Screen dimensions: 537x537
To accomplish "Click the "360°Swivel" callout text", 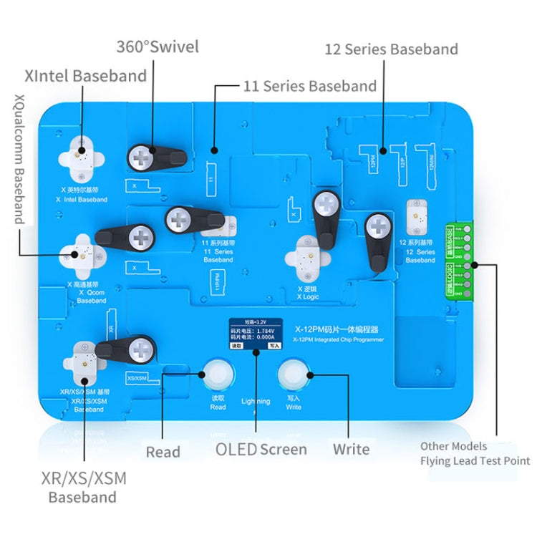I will [x=157, y=48].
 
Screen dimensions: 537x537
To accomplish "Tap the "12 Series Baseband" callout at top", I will [x=391, y=49].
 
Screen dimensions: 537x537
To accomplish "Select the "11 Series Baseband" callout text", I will [x=310, y=87].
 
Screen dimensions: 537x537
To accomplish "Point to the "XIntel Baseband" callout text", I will [x=85, y=75].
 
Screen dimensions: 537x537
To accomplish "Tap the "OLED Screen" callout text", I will [x=261, y=450].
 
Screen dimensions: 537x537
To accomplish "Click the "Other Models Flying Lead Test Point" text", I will [x=475, y=453].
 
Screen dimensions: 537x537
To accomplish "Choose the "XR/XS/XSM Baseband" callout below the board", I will [x=82, y=487].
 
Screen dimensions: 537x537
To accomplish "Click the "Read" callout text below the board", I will [x=163, y=452].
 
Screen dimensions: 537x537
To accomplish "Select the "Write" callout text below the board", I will [x=351, y=450].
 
